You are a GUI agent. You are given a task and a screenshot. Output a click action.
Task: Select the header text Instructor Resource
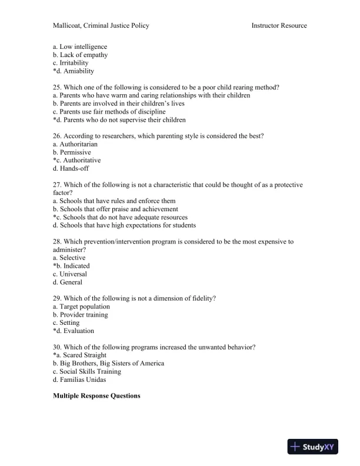tap(279, 25)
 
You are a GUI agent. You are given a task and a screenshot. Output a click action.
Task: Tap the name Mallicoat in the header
tap(68, 25)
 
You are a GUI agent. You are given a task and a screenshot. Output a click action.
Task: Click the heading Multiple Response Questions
tap(96, 396)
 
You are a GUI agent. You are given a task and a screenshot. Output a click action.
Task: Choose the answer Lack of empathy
tap(83, 55)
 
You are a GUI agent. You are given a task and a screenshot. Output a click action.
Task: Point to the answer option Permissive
tap(75, 152)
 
